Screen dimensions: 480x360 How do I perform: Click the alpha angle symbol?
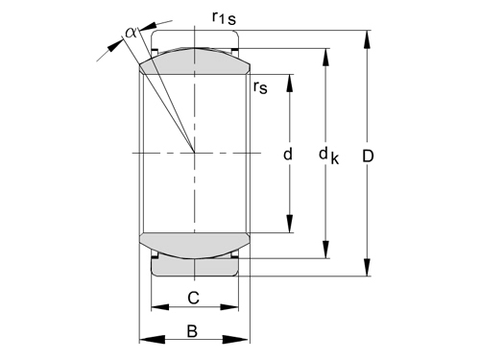(x=131, y=33)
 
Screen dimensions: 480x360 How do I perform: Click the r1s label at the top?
(x=224, y=17)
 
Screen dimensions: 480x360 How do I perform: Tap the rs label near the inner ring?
(x=260, y=87)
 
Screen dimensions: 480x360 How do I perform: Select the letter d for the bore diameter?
(x=288, y=154)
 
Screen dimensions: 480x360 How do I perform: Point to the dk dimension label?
(x=328, y=156)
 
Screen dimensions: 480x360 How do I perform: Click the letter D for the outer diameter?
(x=368, y=156)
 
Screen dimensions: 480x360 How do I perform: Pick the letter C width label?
(x=193, y=298)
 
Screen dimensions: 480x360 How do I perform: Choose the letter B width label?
(x=192, y=331)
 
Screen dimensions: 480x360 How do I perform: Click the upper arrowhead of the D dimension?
(x=367, y=39)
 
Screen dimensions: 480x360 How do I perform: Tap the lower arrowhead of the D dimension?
(x=367, y=267)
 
